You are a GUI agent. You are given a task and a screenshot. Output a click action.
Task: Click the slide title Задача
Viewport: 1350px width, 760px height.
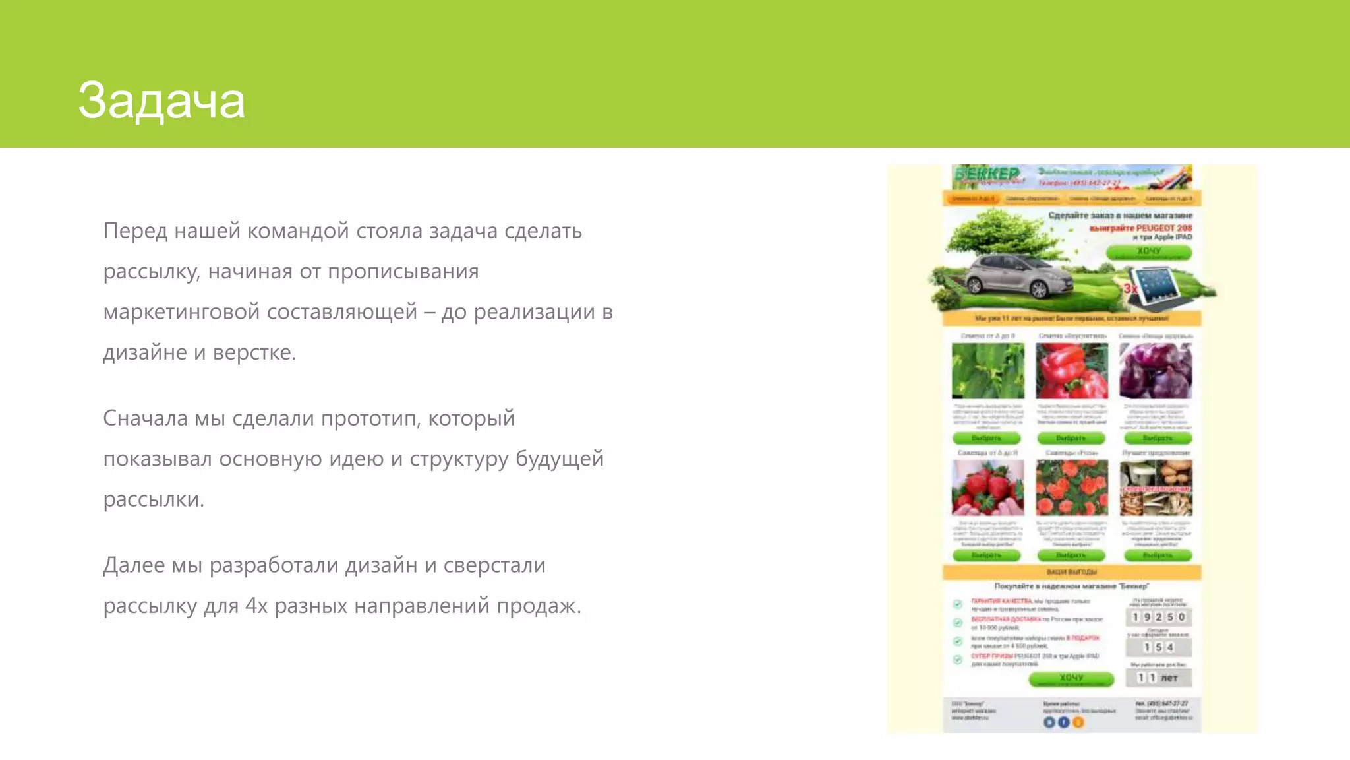[161, 101]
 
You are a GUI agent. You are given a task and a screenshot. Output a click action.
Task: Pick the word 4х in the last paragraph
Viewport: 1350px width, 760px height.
[256, 606]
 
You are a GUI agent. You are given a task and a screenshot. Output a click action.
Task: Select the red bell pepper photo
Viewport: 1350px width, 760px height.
[1072, 371]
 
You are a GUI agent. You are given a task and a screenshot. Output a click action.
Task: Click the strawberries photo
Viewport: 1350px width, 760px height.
[987, 488]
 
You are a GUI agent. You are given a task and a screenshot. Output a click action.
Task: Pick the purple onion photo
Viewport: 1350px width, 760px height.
[1156, 371]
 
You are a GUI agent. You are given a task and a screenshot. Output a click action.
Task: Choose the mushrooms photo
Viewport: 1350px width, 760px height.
[1156, 488]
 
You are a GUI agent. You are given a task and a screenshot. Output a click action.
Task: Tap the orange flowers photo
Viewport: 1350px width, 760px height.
[1072, 488]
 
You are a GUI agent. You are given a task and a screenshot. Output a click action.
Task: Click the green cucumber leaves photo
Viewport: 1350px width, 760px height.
[987, 371]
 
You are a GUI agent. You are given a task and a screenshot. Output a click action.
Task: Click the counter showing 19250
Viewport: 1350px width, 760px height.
[1158, 617]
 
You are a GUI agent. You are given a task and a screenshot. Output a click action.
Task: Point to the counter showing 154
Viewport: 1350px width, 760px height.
[1158, 647]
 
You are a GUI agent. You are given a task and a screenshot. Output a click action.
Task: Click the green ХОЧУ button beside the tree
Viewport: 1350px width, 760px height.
[1148, 252]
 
